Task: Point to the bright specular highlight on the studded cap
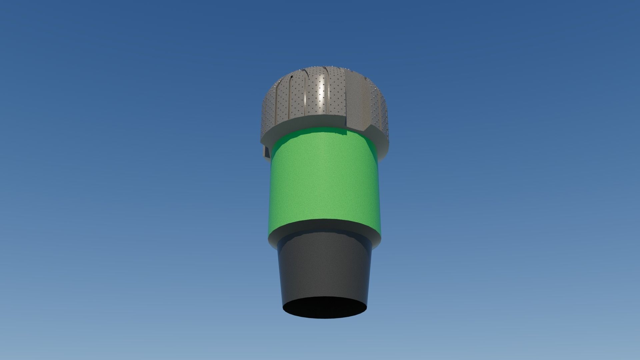click(x=321, y=90)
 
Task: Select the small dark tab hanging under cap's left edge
click(x=267, y=152)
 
